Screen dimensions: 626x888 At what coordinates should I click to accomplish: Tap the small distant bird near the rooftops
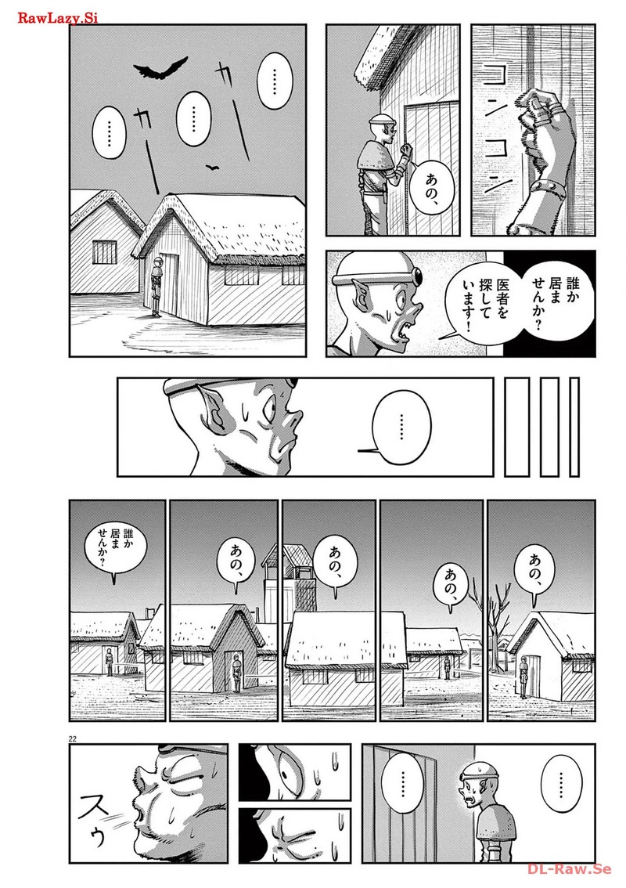tap(212, 167)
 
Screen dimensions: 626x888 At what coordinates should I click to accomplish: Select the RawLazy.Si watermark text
tap(58, 18)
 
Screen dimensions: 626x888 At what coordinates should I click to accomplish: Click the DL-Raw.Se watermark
tap(570, 868)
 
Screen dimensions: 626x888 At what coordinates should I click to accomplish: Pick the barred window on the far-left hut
tap(104, 251)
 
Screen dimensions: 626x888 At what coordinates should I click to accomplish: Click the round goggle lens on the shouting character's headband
tap(417, 276)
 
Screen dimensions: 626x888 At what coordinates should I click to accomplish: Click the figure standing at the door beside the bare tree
tap(523, 676)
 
